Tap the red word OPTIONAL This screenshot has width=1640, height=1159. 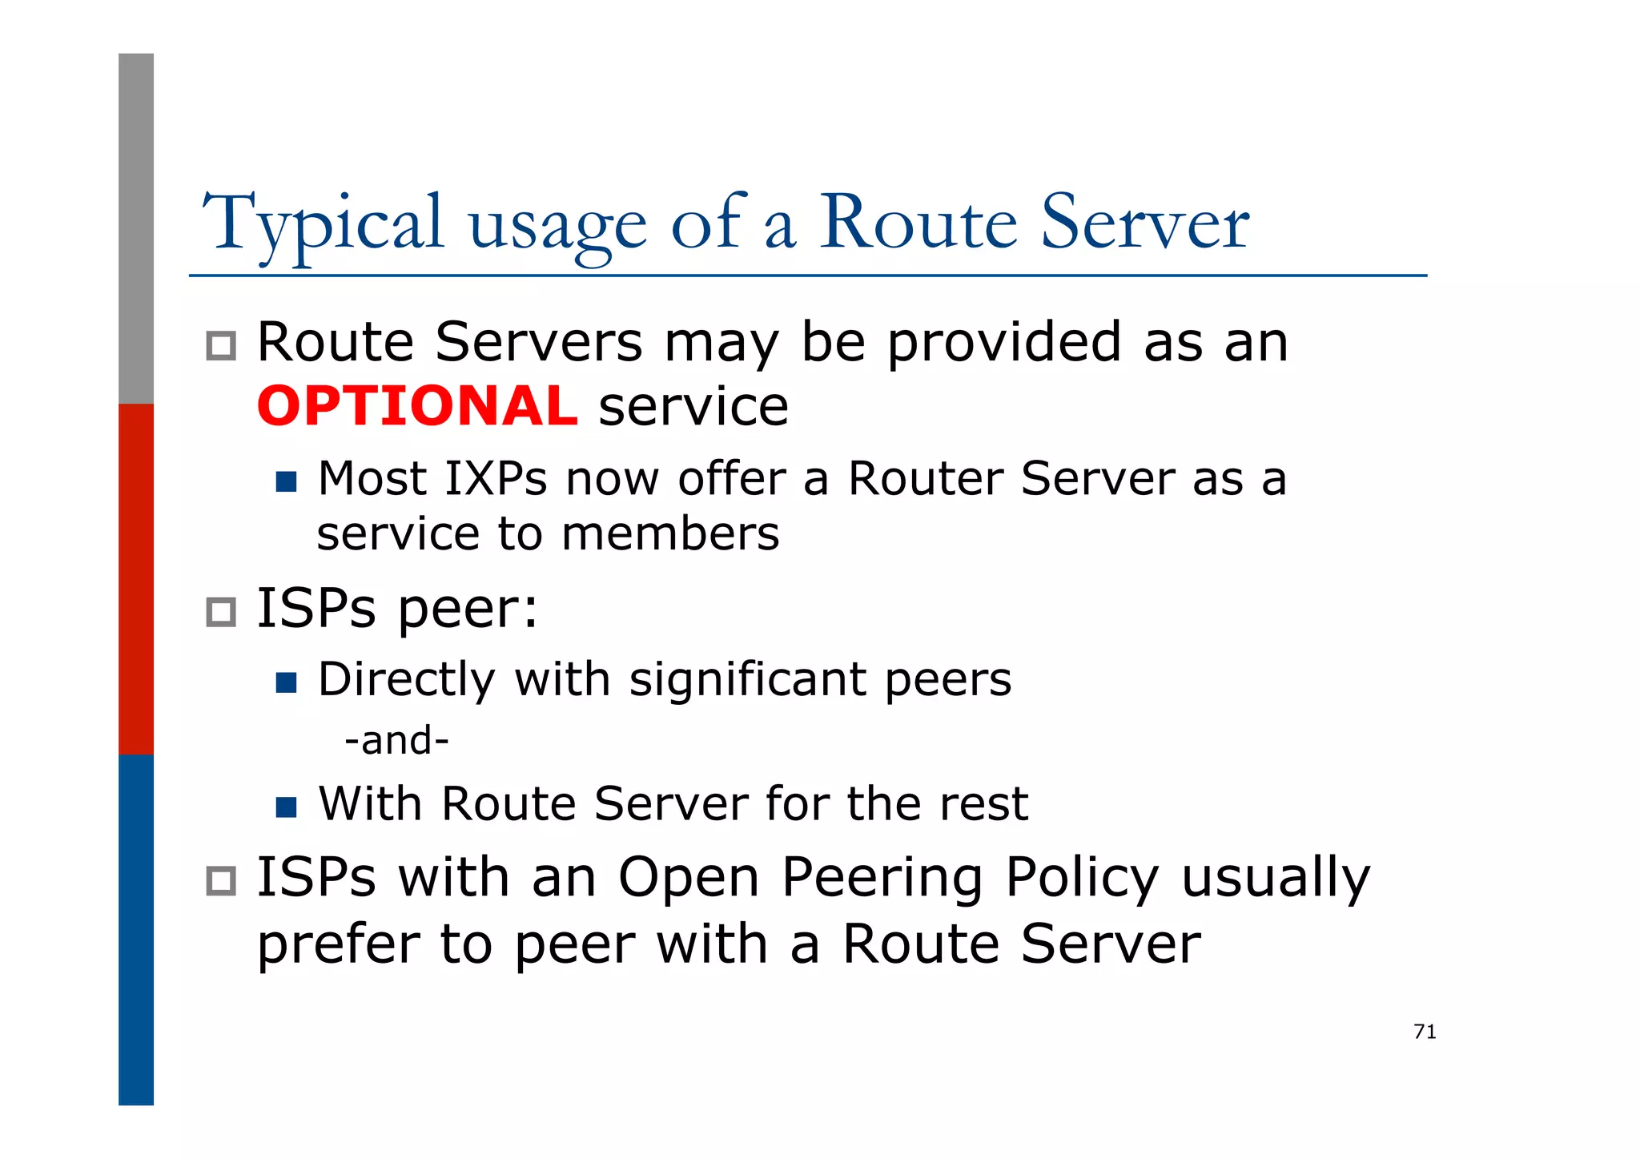[416, 406]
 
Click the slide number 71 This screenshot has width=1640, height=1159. [1425, 1032]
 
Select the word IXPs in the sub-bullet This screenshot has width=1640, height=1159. [495, 479]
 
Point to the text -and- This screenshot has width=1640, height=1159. [396, 740]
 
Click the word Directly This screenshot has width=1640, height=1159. [406, 680]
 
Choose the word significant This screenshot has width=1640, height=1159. [747, 680]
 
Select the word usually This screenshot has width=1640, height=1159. [1276, 879]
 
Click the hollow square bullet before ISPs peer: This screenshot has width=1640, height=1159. [221, 613]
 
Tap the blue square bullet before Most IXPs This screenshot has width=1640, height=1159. [286, 481]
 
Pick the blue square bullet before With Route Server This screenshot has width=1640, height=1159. [286, 807]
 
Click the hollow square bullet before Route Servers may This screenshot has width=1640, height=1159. [221, 346]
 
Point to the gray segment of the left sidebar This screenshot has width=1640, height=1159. [136, 228]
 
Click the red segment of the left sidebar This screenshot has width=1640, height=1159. [136, 578]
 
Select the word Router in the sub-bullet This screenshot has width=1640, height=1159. [925, 479]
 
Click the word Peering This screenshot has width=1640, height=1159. [881, 879]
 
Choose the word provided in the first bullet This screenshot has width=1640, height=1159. [1004, 343]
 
